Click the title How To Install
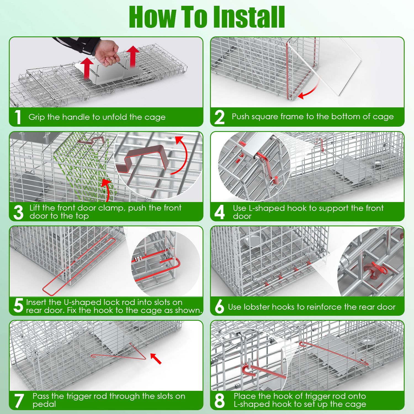point(207,17)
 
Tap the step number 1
point(18,117)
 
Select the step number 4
point(219,212)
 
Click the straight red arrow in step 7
point(156,359)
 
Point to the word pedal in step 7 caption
point(44,404)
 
